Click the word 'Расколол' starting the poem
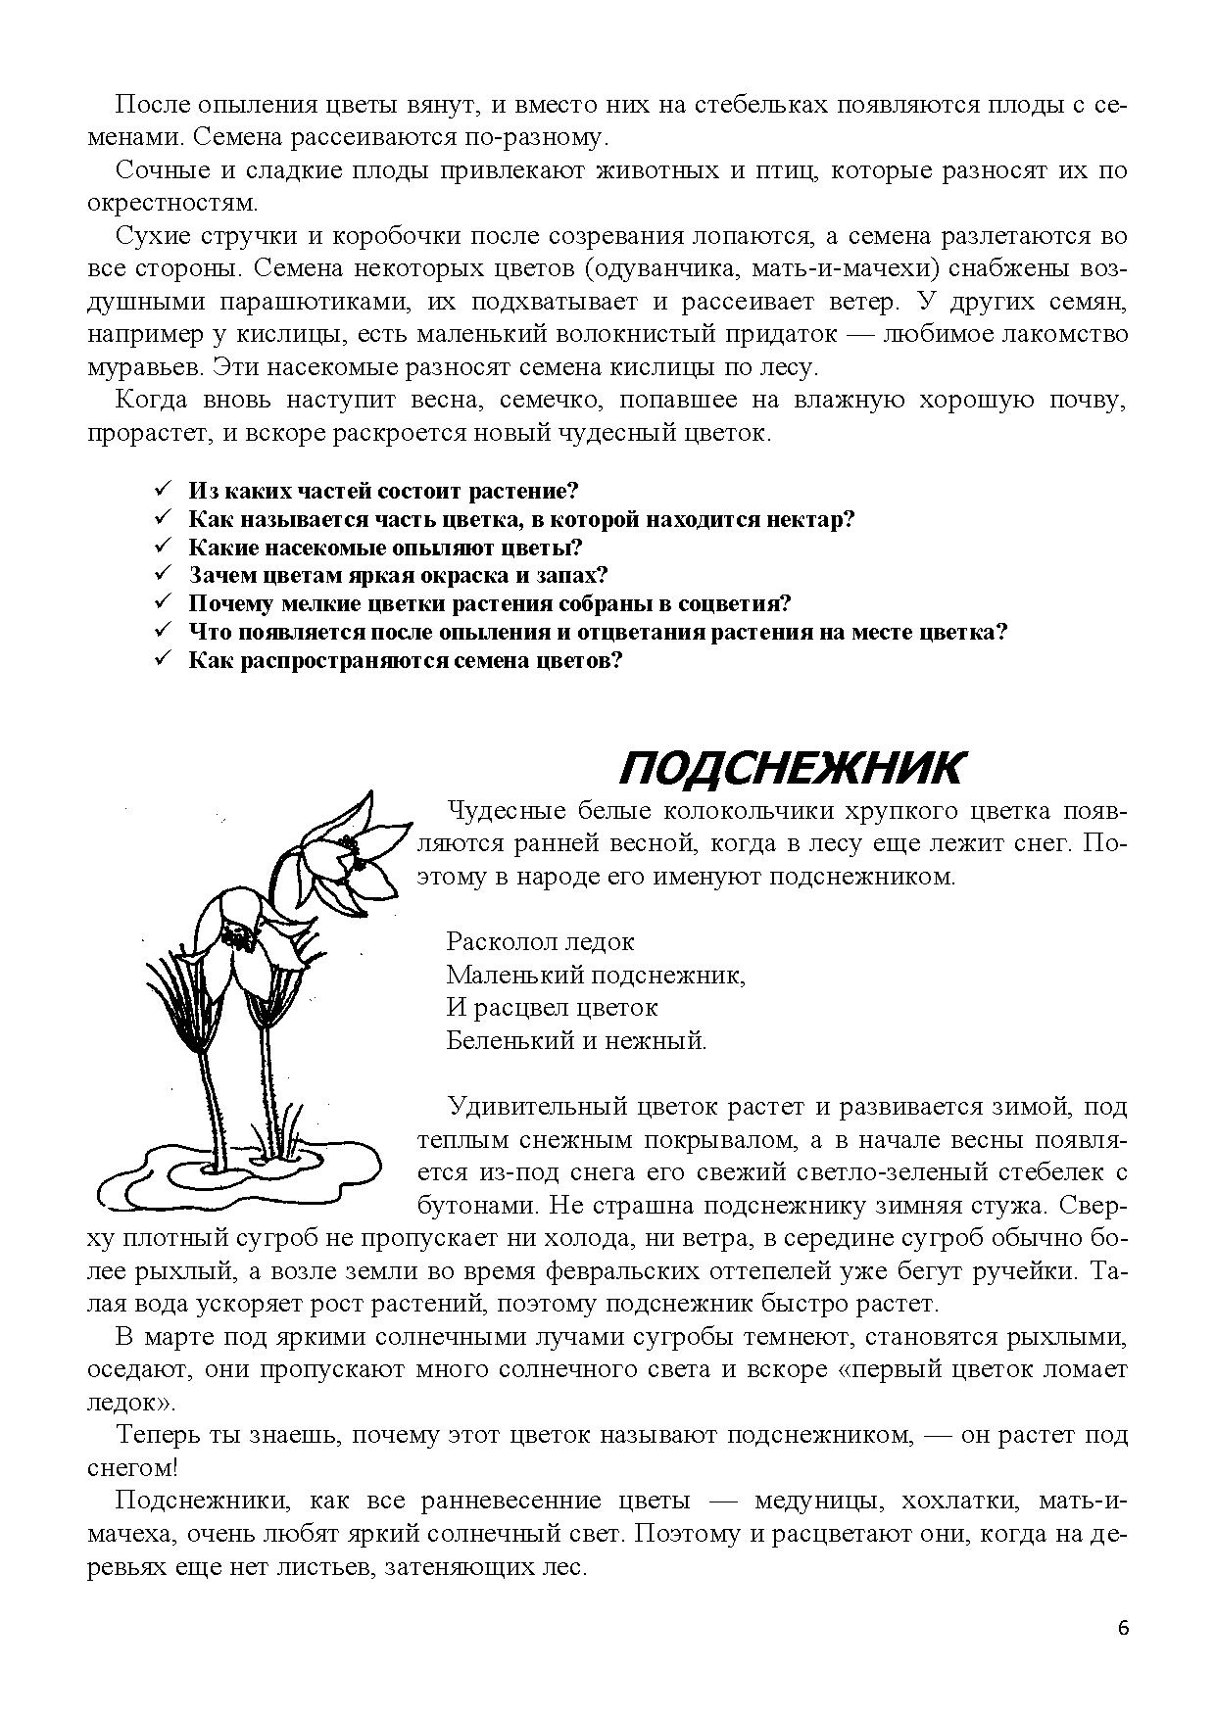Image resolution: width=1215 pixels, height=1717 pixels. pyautogui.click(x=498, y=942)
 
